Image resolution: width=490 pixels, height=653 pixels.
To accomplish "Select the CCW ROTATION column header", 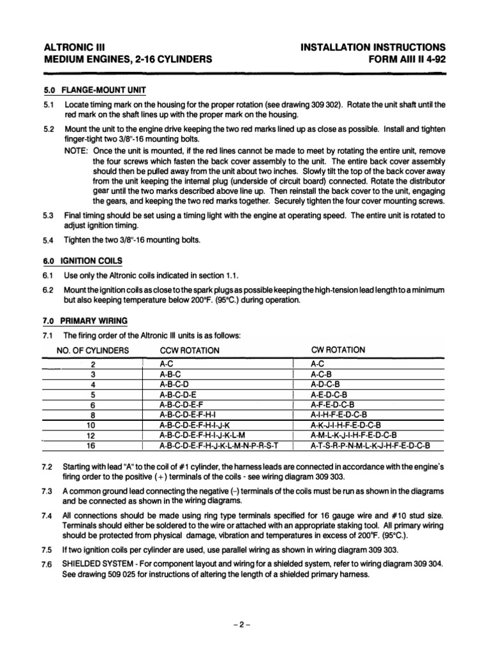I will tap(189, 350).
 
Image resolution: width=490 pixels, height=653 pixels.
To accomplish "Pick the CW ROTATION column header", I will tap(338, 349).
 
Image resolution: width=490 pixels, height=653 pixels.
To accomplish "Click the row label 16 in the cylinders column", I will tap(93, 445).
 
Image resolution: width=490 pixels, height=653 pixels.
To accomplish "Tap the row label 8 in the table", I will tap(93, 415).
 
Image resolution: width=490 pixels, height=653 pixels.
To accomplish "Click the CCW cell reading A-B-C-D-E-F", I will tap(181, 404).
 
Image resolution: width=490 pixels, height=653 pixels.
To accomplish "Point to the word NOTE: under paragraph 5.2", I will tap(77, 150).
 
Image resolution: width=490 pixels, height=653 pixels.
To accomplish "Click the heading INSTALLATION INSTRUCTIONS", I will tap(372, 47).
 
